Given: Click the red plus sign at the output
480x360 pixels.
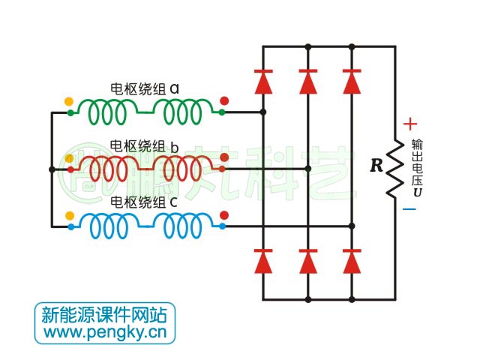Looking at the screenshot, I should (409, 124).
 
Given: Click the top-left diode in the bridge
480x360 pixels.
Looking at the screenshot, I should (262, 81).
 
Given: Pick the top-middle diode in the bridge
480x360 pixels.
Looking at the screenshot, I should (308, 81).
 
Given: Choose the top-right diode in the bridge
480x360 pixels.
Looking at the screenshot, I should (352, 81).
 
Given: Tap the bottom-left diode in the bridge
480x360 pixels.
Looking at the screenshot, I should (262, 260).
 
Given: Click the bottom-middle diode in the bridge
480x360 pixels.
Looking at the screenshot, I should (308, 260).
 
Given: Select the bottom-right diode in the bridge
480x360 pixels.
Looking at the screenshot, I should (352, 260).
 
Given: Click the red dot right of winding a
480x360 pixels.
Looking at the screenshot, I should (223, 101).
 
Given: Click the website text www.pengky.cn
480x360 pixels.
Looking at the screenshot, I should (105, 331).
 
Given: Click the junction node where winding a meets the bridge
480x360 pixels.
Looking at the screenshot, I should (262, 112).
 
